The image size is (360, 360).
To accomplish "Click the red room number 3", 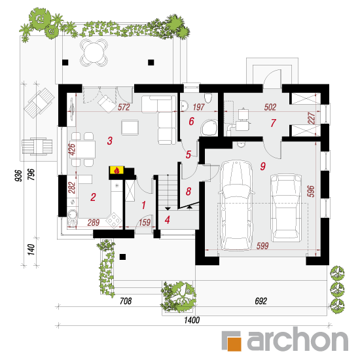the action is [x=110, y=141].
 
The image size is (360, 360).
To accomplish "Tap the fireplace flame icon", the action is [x=117, y=170].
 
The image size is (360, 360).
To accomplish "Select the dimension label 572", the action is [x=124, y=107].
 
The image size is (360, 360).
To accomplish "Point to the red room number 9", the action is [x=263, y=166].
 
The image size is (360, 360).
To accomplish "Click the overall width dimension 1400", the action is [x=192, y=320].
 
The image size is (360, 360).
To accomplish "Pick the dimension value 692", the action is [x=261, y=301].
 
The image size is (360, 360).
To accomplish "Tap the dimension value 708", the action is [x=126, y=301].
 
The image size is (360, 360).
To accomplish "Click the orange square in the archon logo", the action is [x=234, y=344].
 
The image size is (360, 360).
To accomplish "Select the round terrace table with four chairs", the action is [x=94, y=52].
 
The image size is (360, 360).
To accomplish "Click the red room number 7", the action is [x=273, y=123].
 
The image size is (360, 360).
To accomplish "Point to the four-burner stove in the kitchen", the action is [x=114, y=221].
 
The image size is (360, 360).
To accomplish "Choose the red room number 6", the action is [x=192, y=121].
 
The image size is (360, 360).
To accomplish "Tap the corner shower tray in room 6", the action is [x=209, y=128].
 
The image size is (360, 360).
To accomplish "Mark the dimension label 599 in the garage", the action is [x=262, y=246].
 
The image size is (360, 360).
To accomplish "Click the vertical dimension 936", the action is [x=18, y=175].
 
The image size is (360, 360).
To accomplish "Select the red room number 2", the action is [x=93, y=197].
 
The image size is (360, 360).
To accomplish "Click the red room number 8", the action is [x=189, y=191].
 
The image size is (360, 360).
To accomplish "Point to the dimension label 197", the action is [x=198, y=107].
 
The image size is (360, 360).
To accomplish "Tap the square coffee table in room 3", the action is [x=130, y=128].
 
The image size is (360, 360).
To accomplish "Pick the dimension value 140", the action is [x=31, y=249].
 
